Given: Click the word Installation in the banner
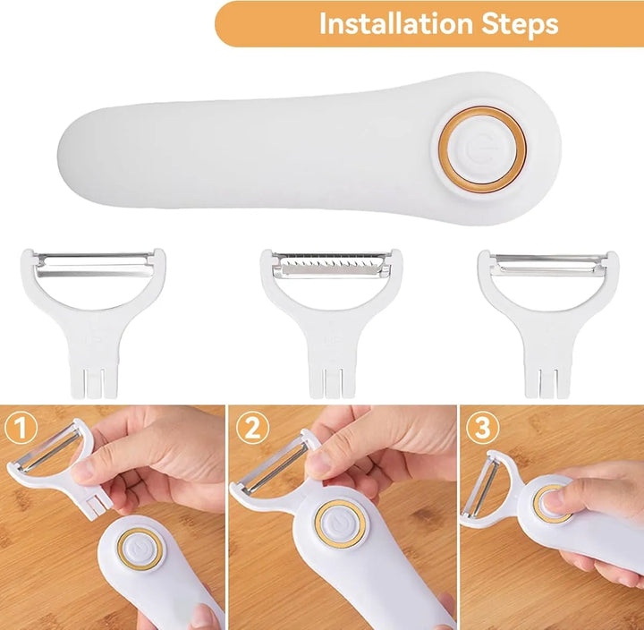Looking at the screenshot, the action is (397, 24).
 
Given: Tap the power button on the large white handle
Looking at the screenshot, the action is (482, 149).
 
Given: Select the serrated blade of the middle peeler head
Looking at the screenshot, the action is (332, 265).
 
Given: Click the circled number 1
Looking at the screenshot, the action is (21, 428).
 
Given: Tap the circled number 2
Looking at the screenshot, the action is (252, 428).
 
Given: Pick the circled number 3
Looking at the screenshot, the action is (483, 428).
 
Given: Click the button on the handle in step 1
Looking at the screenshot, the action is (138, 549).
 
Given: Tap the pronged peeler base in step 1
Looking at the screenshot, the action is (96, 504).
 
